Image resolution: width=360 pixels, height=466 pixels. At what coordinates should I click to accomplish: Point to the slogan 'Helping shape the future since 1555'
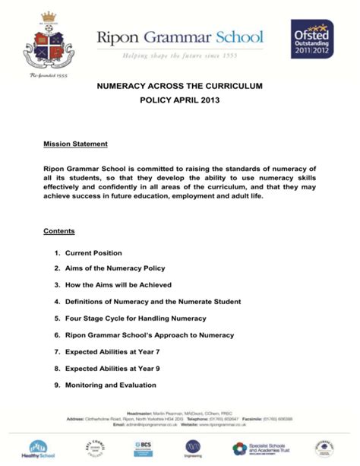[179, 55]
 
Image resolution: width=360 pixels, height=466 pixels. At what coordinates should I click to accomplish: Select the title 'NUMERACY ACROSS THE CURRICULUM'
[179, 87]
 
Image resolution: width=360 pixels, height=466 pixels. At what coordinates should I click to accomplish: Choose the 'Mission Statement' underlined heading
[75, 144]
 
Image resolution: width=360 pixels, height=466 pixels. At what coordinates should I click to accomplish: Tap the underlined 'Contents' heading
[58, 231]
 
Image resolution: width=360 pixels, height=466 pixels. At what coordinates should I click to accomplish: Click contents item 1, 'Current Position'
[93, 252]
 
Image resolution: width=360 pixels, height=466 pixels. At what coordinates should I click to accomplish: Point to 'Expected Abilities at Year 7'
[112, 352]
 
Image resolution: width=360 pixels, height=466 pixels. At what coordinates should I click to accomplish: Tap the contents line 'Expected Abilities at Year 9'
[112, 369]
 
